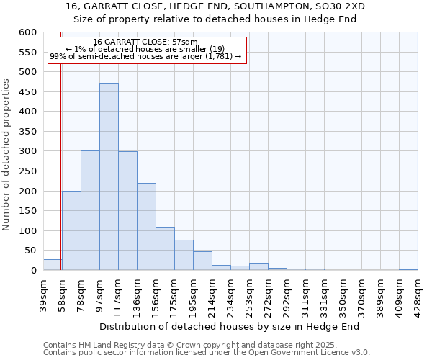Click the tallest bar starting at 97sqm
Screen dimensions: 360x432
[109, 176]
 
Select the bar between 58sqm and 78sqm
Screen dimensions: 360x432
[71, 230]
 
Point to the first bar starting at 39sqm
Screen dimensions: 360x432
[52, 265]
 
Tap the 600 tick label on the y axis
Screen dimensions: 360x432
[27, 32]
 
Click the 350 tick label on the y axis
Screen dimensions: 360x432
[27, 132]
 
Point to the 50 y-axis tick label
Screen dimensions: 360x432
[30, 251]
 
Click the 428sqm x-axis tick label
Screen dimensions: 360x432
[418, 293]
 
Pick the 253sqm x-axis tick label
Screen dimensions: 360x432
[249, 293]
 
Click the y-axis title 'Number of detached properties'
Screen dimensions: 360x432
[6, 155]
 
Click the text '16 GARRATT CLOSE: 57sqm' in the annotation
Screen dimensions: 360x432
[145, 42]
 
